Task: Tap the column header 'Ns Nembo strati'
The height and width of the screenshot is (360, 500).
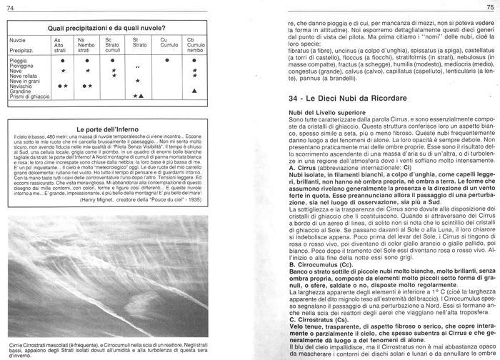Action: tap(84, 45)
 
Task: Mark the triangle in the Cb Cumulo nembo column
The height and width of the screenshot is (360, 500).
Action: tap(194, 91)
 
